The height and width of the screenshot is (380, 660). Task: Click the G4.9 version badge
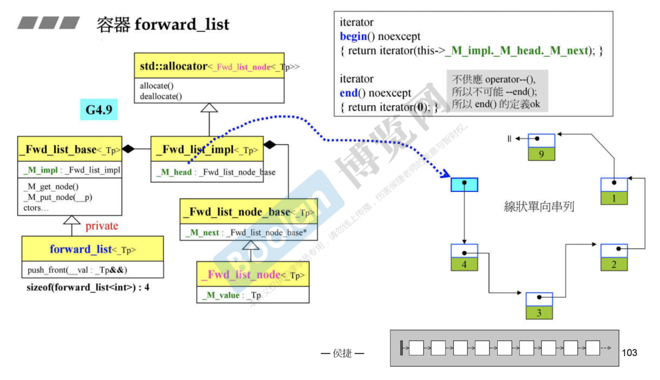pos(99,109)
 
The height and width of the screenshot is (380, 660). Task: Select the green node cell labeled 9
pos(541,154)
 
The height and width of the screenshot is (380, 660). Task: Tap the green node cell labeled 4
pos(464,264)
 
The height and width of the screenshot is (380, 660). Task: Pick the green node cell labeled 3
pos(539,313)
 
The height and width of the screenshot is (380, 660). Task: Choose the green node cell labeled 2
pos(614,264)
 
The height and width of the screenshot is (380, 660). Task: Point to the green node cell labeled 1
pos(614,198)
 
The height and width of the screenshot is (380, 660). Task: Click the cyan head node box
pos(464,185)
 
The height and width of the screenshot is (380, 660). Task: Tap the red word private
pos(102,226)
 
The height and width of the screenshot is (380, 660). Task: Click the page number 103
pos(629,353)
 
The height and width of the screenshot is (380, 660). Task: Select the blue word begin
pos(353,36)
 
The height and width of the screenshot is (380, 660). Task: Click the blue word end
pos(348,93)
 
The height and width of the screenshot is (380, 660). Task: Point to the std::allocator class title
pos(174,66)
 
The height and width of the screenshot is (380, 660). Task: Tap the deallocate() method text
pos(161,97)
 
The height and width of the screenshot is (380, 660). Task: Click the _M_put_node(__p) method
pos(58,197)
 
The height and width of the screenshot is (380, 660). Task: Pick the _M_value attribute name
pos(221,295)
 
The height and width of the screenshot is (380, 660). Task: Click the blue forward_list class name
pos(80,249)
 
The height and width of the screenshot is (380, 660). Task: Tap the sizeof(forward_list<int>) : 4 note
pos(88,287)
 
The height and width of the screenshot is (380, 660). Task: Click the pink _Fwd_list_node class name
pos(244,275)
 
